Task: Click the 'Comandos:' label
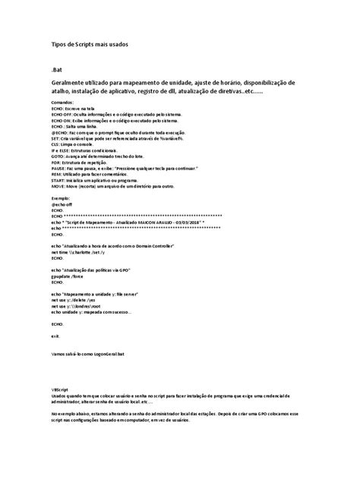pyautogui.click(x=64, y=103)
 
